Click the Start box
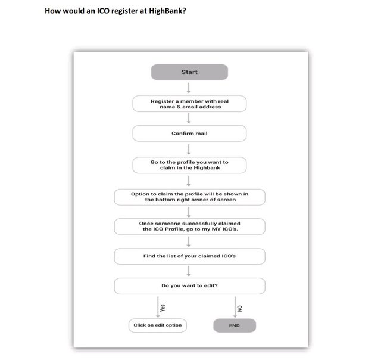[x=189, y=72]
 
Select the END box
[x=235, y=325]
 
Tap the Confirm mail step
[x=189, y=134]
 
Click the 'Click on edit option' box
[x=157, y=325]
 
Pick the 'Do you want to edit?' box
[x=189, y=286]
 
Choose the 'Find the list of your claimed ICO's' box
[x=189, y=256]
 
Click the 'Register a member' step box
[x=189, y=104]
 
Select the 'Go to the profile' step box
[x=189, y=165]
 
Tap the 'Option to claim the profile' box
[x=189, y=197]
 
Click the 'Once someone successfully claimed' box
[x=189, y=226]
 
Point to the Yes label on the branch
[x=163, y=308]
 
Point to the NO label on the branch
[x=240, y=308]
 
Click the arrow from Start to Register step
[x=189, y=88]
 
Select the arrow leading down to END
[x=235, y=307]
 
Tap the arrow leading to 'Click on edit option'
[x=158, y=307]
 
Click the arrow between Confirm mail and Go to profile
[x=189, y=149]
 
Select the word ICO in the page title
[x=103, y=11]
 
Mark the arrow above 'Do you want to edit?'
[x=189, y=271]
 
